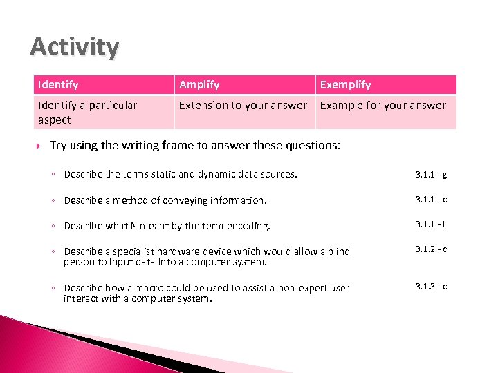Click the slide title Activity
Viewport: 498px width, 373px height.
(75, 47)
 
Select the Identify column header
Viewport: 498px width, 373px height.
(58, 85)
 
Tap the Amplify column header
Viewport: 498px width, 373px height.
(199, 85)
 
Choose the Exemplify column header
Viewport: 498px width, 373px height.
(345, 85)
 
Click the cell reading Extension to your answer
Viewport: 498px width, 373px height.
(243, 106)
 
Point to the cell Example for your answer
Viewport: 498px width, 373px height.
(383, 106)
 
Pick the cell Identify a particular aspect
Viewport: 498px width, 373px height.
(87, 112)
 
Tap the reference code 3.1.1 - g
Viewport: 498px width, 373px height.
(431, 175)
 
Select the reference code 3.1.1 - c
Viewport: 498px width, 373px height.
(431, 200)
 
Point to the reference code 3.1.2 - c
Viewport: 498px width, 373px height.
(431, 249)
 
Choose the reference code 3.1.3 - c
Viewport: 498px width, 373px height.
(431, 286)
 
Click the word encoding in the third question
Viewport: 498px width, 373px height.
(250, 226)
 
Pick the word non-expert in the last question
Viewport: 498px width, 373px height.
(300, 288)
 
